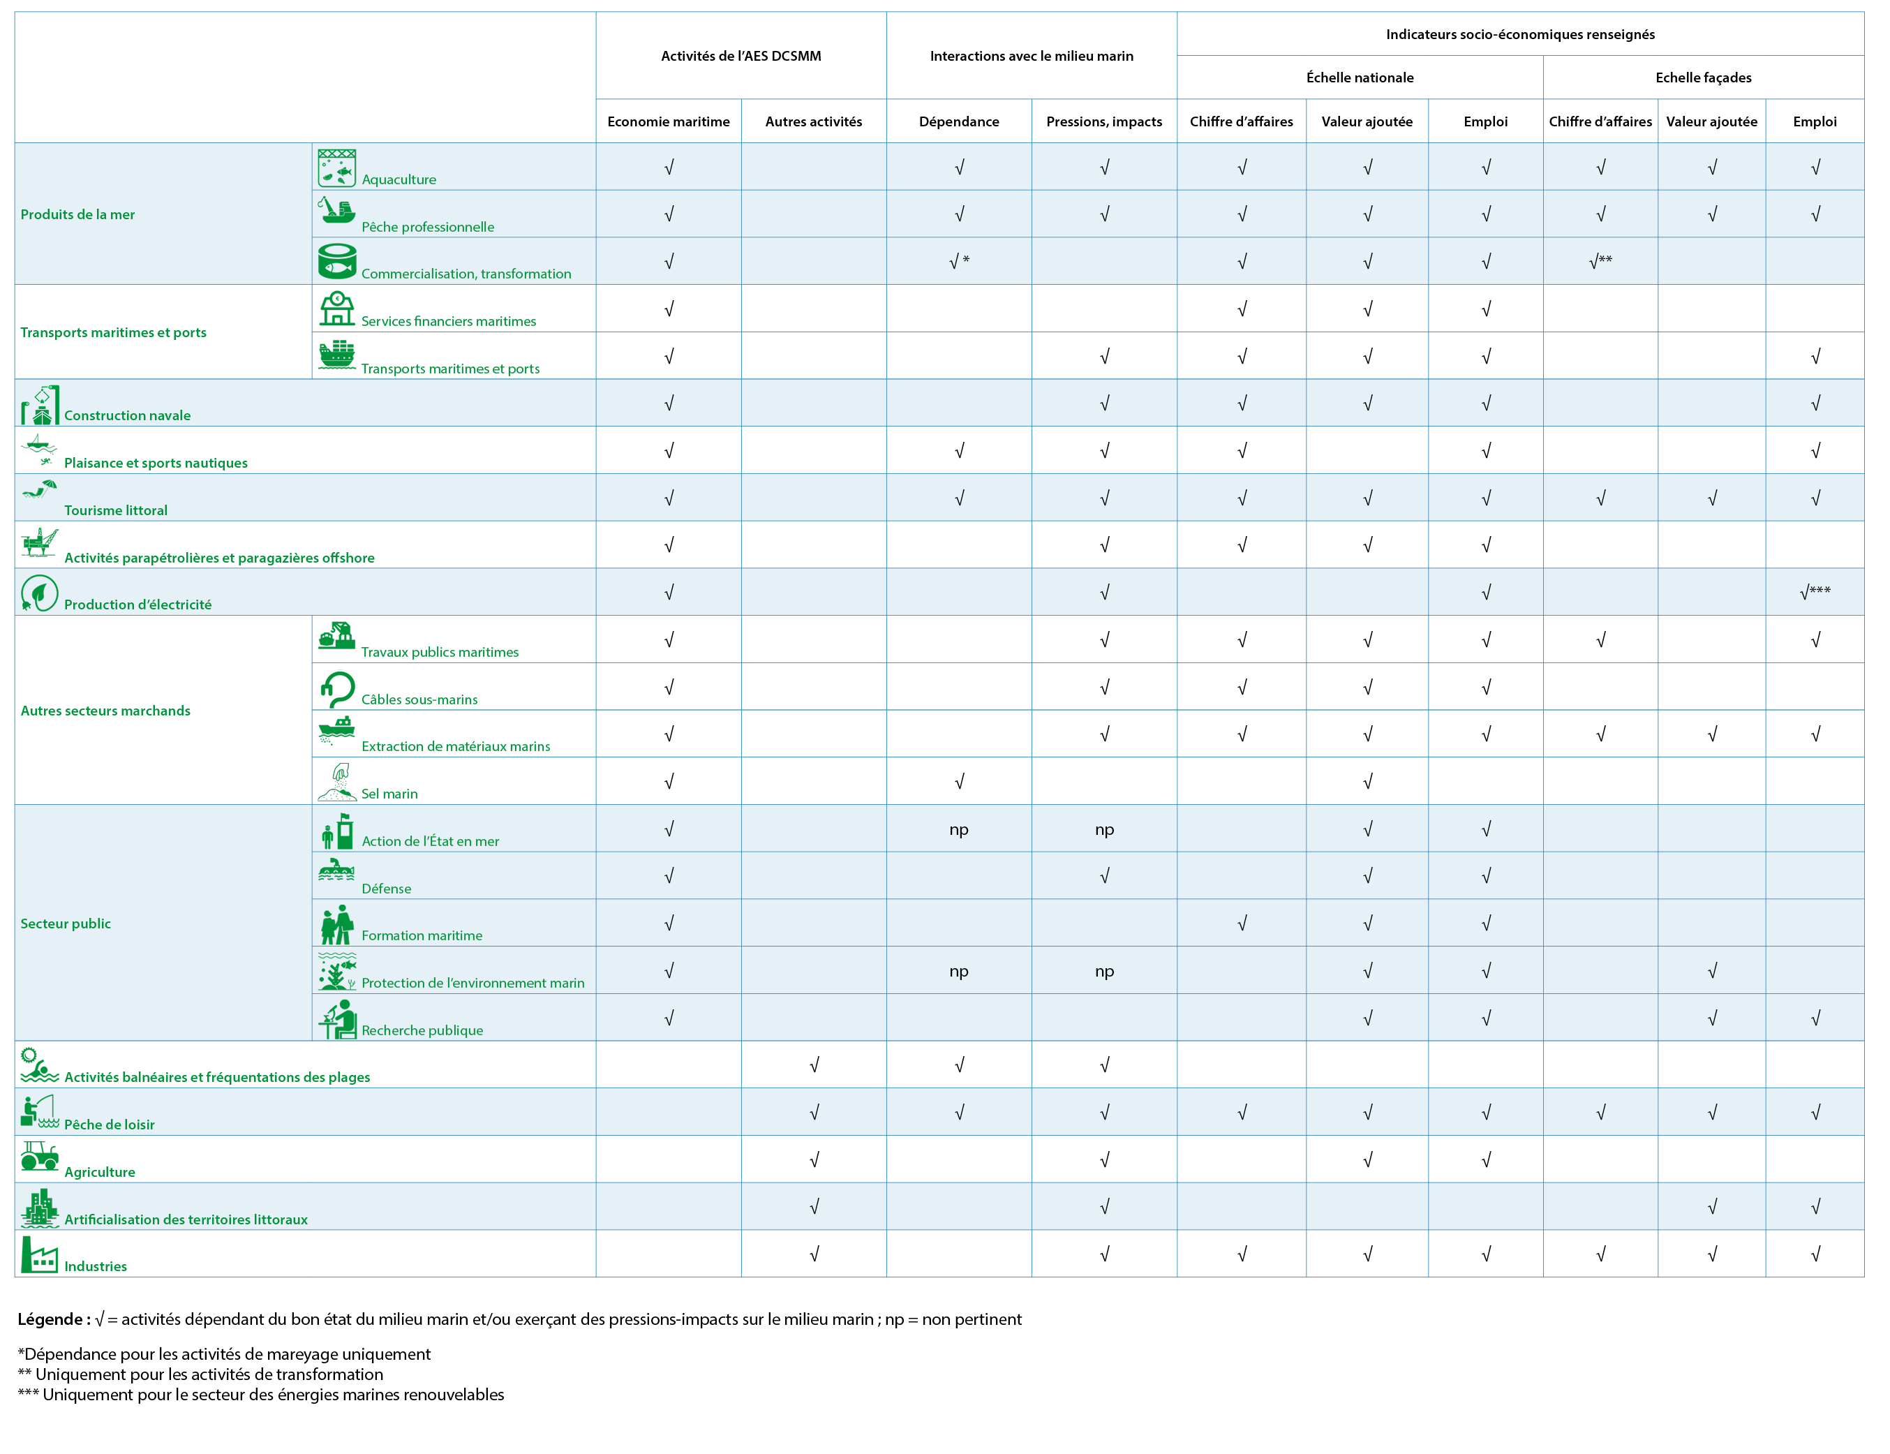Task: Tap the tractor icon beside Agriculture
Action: coord(40,1156)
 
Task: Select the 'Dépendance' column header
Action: coord(959,121)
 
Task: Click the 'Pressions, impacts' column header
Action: coord(1104,121)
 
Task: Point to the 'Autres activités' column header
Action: coord(814,121)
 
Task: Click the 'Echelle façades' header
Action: coord(1703,77)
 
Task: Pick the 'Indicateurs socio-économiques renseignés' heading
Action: coord(1521,34)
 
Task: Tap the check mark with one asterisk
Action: coord(959,260)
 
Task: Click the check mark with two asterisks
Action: coord(1601,260)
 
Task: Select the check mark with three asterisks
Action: coord(1815,592)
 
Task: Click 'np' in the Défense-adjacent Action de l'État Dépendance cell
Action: coord(959,829)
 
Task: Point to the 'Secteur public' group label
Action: coord(66,923)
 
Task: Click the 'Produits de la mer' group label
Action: coord(78,214)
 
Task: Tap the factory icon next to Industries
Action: coord(40,1254)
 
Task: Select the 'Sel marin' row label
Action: coord(389,794)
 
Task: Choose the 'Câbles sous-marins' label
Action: coord(419,699)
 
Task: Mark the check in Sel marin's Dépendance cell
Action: coord(959,782)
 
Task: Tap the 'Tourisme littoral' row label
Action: coord(116,510)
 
